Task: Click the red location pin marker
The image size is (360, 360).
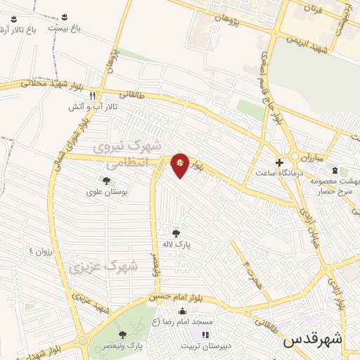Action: [180, 165]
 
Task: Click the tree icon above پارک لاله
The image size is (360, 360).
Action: [176, 233]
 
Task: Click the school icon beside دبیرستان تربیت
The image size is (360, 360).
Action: [206, 335]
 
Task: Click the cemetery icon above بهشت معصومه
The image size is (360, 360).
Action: [335, 170]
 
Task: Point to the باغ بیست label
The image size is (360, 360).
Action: [65, 27]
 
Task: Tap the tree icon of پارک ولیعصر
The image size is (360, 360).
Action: [124, 335]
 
